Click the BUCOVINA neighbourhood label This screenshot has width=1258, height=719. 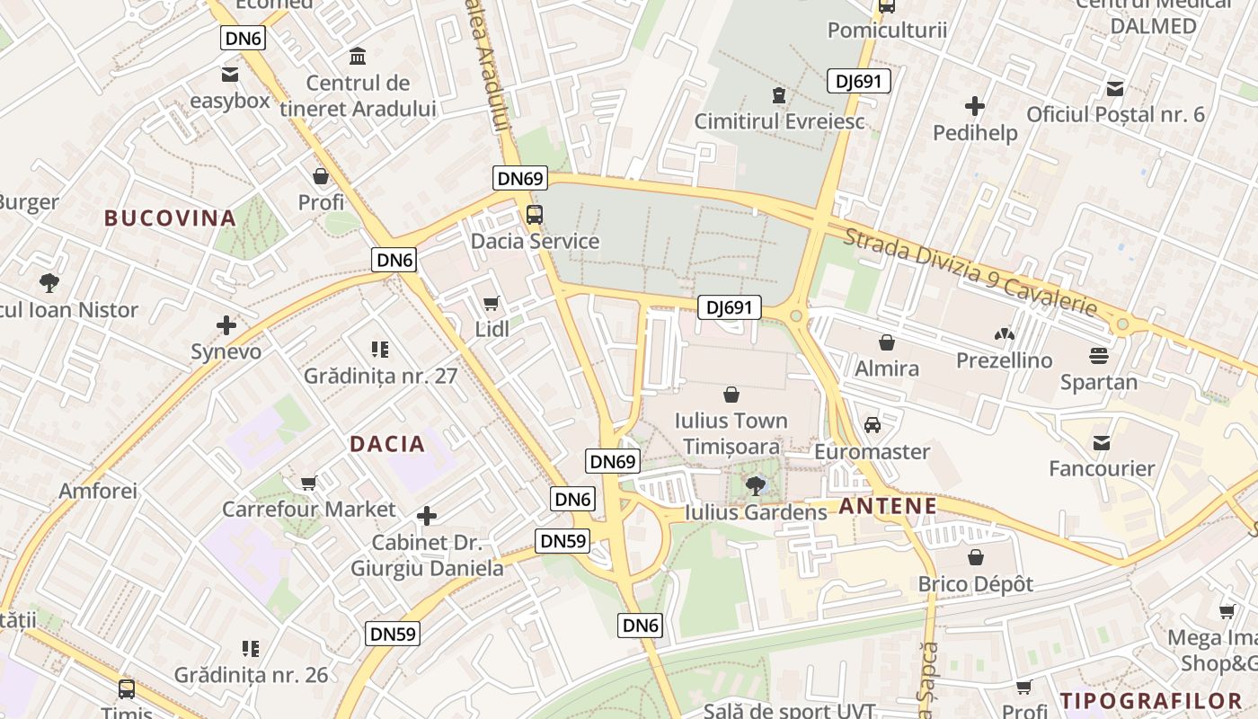(170, 218)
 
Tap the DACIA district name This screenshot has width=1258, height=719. (387, 444)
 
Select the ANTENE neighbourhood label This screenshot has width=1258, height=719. (888, 506)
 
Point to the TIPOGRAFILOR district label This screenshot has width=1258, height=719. (1151, 701)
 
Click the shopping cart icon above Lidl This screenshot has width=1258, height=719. (491, 304)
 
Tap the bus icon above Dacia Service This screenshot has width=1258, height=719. (535, 215)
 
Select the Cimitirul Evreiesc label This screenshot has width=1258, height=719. (780, 120)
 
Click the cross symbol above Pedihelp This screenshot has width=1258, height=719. (975, 107)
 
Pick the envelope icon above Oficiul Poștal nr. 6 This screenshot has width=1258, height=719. (1115, 88)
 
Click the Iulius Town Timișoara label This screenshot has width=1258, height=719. (731, 433)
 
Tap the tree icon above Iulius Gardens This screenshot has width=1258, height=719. (756, 486)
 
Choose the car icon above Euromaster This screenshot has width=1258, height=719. (872, 425)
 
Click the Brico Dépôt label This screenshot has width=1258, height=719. (975, 584)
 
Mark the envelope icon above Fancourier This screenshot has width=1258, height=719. (1102, 442)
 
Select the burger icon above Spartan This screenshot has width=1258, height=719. (1098, 356)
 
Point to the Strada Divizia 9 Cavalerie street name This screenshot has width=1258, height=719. (970, 271)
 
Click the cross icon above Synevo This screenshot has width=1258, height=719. (226, 325)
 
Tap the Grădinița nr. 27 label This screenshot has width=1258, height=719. (380, 376)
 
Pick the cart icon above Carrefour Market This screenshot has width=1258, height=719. (309, 484)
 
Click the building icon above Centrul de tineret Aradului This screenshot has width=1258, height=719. (358, 57)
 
